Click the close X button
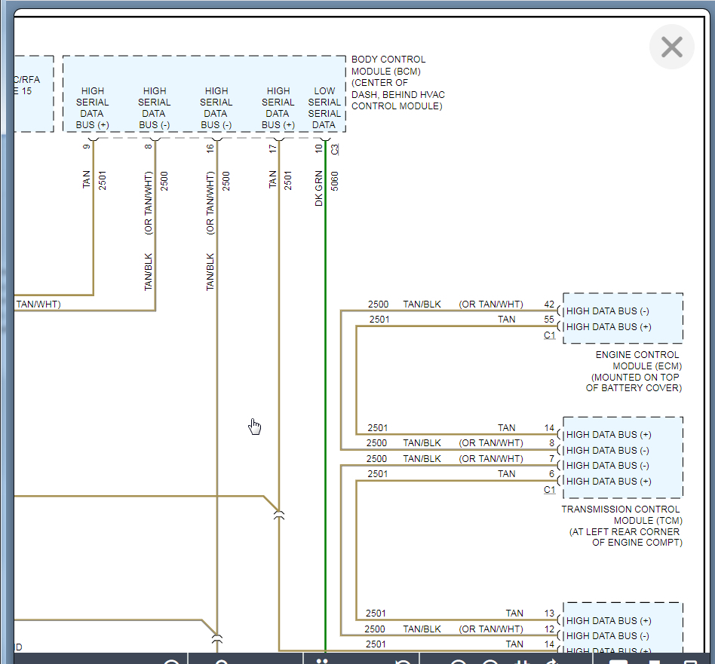pos(671,47)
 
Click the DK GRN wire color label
pos(319,189)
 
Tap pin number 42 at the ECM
pos(549,304)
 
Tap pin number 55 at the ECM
pos(549,320)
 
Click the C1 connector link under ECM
pos(549,335)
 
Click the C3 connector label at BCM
pos(335,149)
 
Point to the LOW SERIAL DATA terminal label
pos(324,108)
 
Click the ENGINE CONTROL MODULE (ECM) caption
pos(637,371)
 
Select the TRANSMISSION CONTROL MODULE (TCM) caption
pos(621,525)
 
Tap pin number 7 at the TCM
pos(551,459)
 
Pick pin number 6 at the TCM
pos(551,474)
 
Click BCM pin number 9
pos(87,146)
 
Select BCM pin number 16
pos(210,148)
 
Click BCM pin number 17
pos(272,148)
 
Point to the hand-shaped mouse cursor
pos(255,427)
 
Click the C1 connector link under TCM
pos(549,490)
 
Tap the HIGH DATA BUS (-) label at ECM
pos(607,311)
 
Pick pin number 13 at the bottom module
pos(549,614)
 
